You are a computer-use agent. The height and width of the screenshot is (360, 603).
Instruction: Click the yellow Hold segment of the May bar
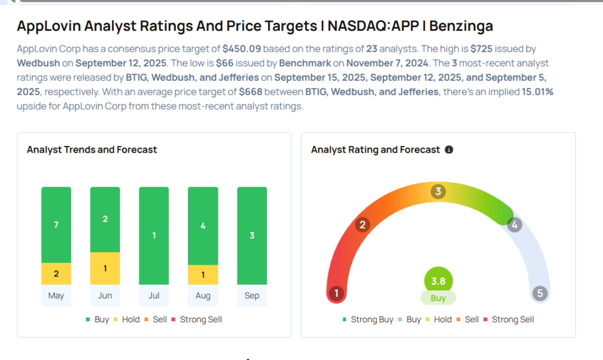tap(56, 273)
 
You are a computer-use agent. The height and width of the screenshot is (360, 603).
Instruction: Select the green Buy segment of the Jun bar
tap(105, 219)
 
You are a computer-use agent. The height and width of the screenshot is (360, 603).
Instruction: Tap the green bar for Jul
tap(154, 236)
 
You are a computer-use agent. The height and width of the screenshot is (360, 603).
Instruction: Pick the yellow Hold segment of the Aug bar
tap(203, 275)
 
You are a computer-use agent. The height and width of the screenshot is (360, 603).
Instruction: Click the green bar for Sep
tap(251, 236)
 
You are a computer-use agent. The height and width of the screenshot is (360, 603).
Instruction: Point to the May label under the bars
tap(56, 296)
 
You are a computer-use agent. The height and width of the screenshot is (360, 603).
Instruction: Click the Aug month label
tap(203, 296)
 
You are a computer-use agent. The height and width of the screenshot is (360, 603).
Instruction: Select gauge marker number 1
tap(336, 293)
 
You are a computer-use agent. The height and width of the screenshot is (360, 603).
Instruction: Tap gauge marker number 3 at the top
tap(438, 191)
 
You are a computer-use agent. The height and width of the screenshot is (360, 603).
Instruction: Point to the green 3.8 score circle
tap(438, 281)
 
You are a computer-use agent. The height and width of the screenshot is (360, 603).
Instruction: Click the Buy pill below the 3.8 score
tap(438, 298)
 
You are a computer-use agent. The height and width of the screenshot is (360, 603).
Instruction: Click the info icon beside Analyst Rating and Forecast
tap(449, 150)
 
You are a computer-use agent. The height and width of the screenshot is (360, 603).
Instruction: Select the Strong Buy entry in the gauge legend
tap(368, 319)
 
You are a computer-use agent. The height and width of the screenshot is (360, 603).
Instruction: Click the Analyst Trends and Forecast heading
tap(92, 150)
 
